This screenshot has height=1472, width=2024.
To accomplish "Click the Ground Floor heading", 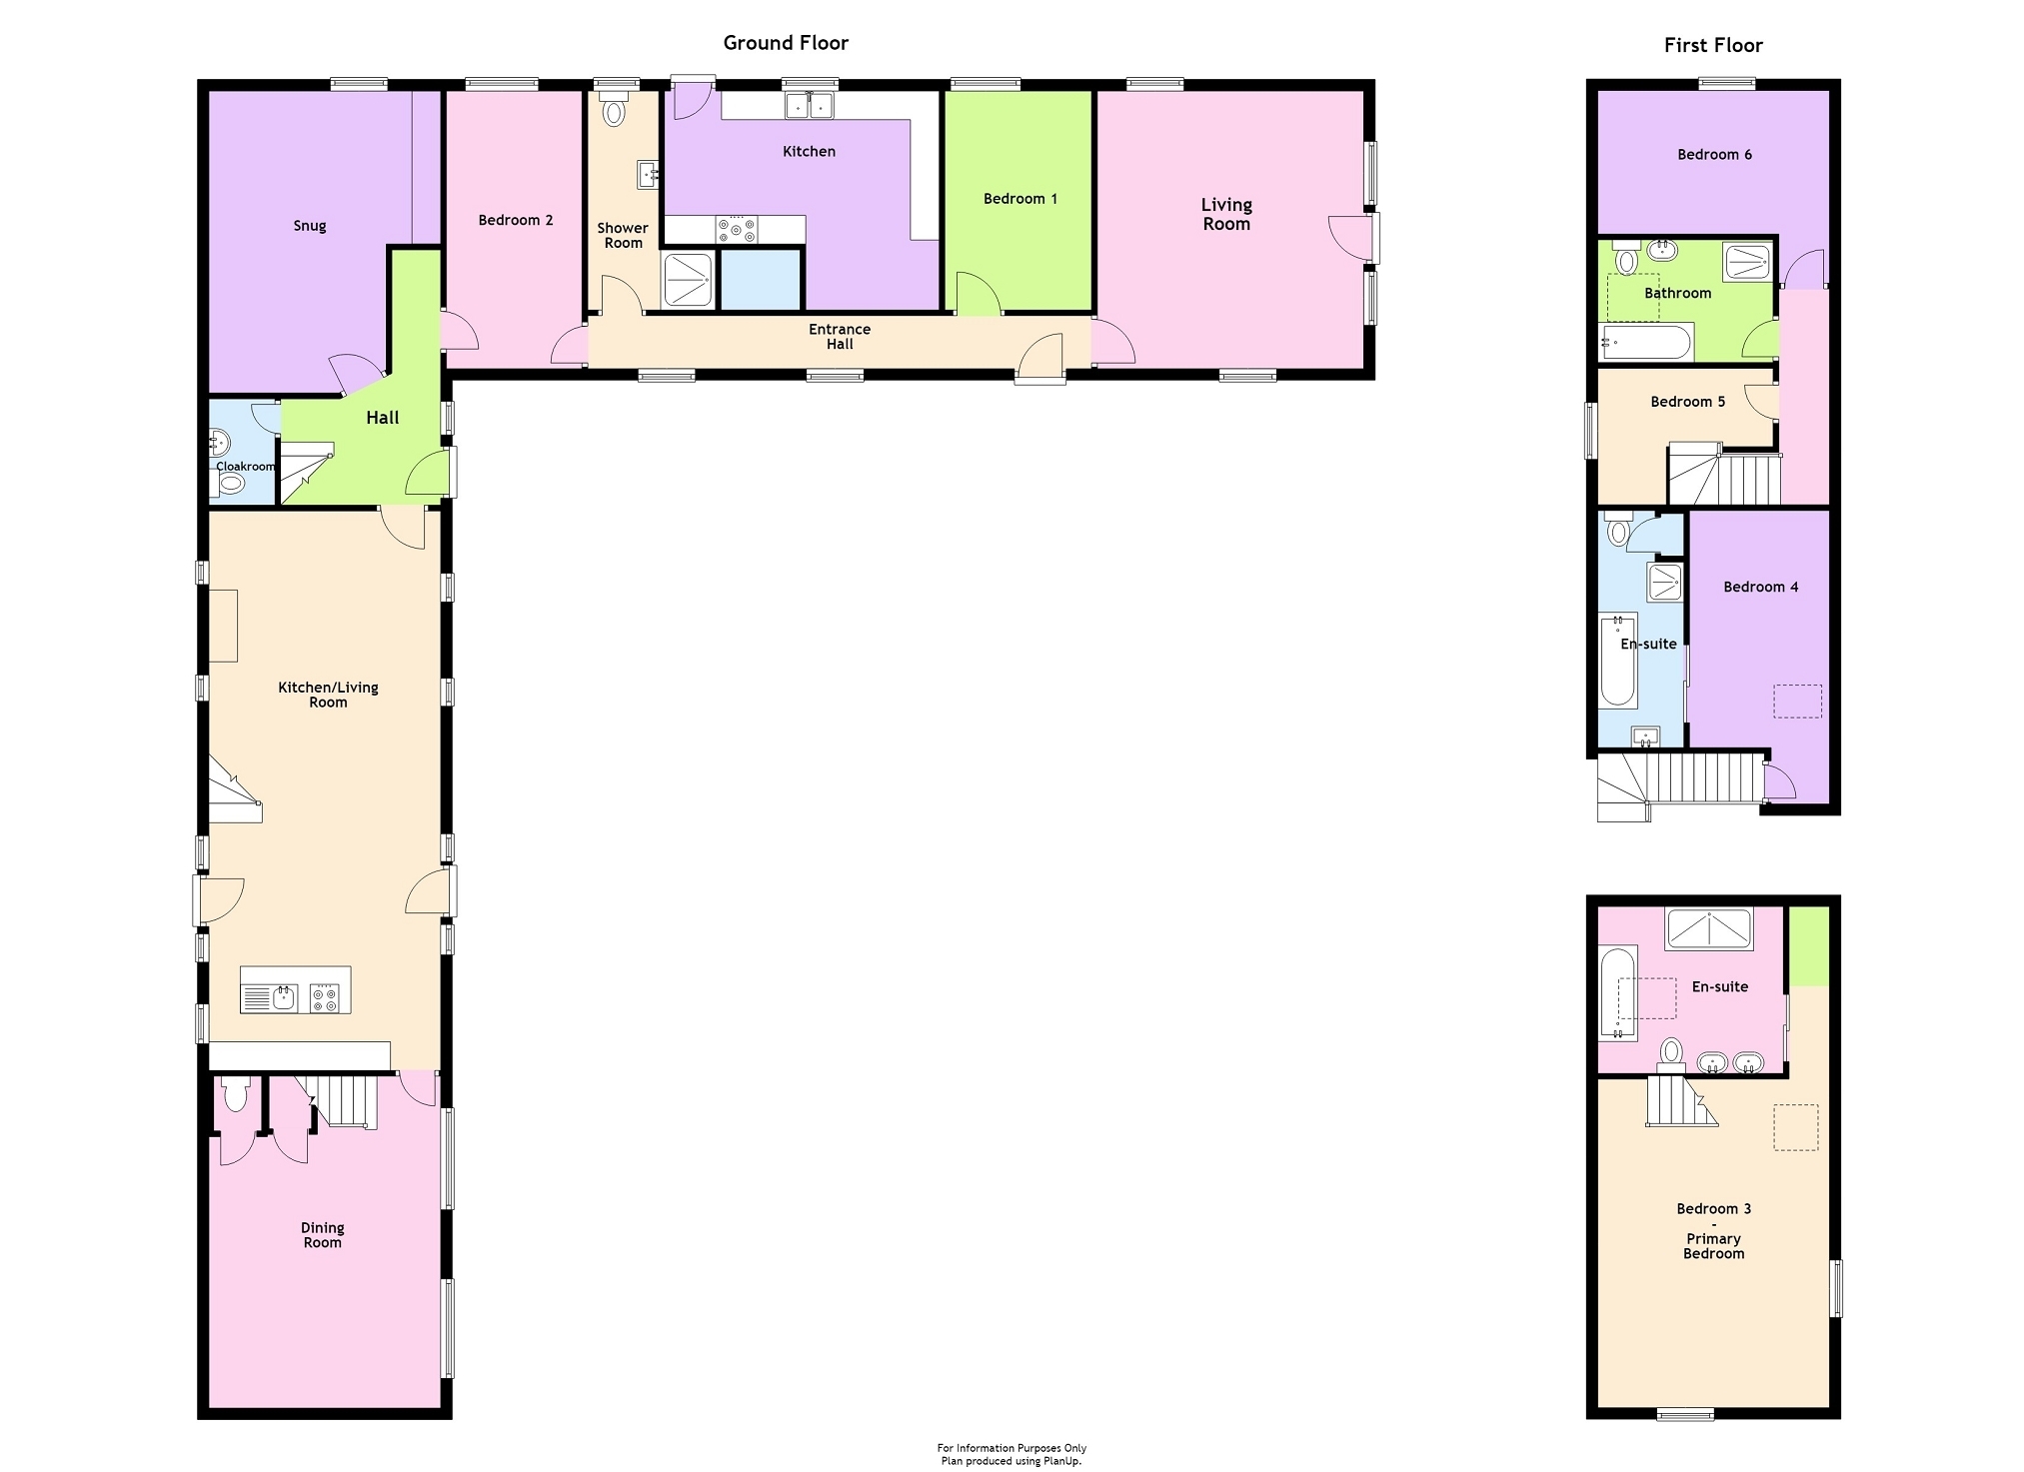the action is [x=786, y=43].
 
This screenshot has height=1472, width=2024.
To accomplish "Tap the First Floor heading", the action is [x=1713, y=45].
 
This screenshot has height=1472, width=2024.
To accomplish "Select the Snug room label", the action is [x=310, y=226].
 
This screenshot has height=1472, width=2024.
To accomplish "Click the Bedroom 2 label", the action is [x=516, y=220].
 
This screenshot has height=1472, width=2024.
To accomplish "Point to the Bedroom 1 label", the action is [x=1020, y=199].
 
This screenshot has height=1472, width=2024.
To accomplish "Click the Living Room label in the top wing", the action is [x=1226, y=214].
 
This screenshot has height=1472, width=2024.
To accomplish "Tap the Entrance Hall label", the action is [x=840, y=337].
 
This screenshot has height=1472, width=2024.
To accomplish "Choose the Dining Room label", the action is [x=322, y=1235].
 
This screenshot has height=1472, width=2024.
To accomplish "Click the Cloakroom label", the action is [x=246, y=467].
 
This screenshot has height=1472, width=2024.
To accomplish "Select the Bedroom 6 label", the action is [x=1714, y=155].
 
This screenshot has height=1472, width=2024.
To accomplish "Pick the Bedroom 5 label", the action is [x=1687, y=402].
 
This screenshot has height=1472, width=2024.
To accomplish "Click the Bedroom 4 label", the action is [x=1760, y=588].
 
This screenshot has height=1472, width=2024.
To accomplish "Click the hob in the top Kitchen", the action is [x=737, y=230].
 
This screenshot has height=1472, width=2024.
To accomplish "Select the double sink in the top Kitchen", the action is [x=809, y=105].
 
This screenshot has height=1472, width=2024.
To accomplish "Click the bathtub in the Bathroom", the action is [x=1645, y=343].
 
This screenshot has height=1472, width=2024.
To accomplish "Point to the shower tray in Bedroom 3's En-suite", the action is [x=1709, y=929].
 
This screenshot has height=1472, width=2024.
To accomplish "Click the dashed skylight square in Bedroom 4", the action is [x=1798, y=701].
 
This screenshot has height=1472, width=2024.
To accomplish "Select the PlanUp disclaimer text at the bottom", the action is [x=1012, y=1454].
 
